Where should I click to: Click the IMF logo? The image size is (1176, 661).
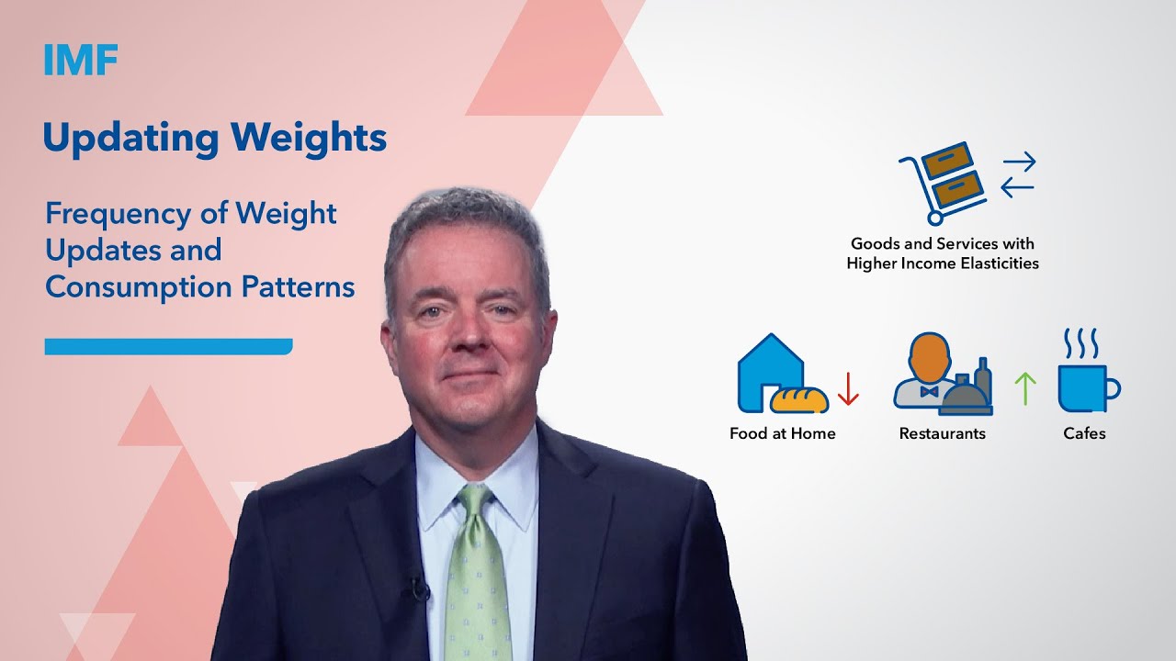(x=81, y=60)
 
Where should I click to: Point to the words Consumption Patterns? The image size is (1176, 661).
(x=199, y=287)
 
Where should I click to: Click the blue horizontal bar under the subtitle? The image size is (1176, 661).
(x=168, y=346)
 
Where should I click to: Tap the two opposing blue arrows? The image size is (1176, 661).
(x=1018, y=174)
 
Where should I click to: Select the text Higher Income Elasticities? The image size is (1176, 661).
(x=943, y=263)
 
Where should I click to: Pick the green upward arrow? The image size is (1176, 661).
(x=1024, y=388)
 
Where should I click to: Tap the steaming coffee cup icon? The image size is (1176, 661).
(x=1087, y=372)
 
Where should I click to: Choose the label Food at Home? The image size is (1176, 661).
(x=782, y=433)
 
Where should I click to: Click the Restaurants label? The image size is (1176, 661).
(x=942, y=433)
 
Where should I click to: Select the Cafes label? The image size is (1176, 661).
(x=1084, y=433)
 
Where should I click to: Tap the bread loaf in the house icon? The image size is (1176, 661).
(x=798, y=398)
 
